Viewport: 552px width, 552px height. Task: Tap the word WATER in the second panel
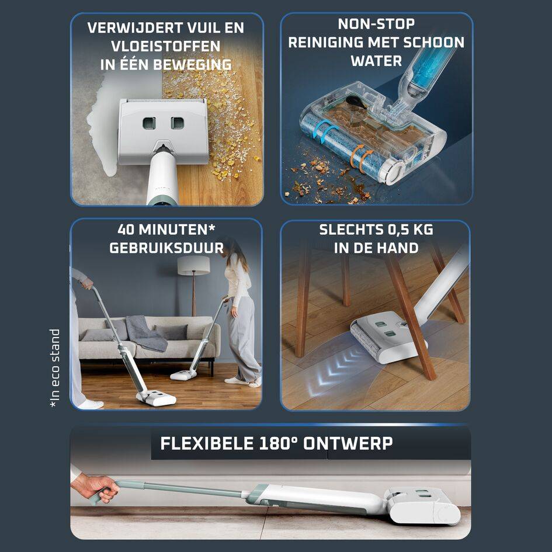(376, 61)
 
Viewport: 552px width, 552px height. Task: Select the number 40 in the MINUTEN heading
(126, 230)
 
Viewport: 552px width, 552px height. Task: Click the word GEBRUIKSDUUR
(166, 248)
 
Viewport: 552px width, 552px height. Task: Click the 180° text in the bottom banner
(279, 443)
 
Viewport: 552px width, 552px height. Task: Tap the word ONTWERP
(348, 443)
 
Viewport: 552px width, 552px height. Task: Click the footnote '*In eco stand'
(54, 369)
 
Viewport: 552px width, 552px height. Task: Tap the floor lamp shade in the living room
(193, 265)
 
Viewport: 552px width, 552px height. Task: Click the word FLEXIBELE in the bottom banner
(207, 443)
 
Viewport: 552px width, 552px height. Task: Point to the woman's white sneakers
(243, 381)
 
